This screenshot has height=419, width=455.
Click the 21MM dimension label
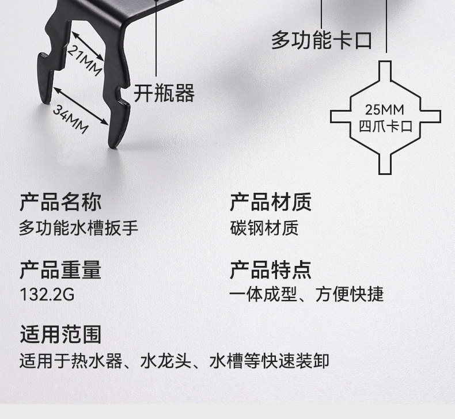coord(84,60)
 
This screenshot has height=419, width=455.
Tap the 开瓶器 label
coord(164,93)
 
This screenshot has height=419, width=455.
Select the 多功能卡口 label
coord(321,41)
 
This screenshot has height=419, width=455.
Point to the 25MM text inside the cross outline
coord(385,109)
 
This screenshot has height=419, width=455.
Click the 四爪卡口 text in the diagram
coord(385,126)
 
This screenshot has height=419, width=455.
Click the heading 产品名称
coord(60,202)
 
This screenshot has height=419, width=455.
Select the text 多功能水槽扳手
coord(79,228)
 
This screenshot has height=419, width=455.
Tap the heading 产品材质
coord(271,202)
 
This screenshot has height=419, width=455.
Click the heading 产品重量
coord(60,269)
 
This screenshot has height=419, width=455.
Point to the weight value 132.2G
coord(47,295)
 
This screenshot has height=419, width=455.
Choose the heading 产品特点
coord(271,269)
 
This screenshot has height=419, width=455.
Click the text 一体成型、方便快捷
coord(306,295)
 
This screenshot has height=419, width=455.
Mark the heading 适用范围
coord(60,334)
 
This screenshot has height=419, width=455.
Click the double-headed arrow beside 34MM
coord(81,105)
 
